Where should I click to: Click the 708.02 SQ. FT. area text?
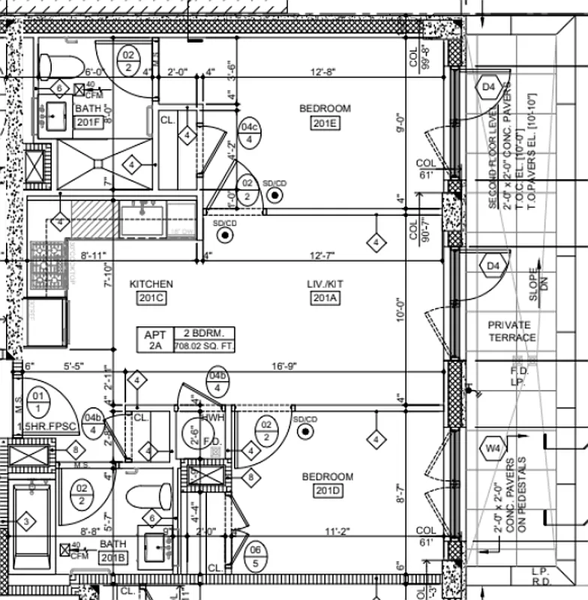pyautogui.click(x=204, y=346)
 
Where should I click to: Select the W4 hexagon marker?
pyautogui.click(x=492, y=448)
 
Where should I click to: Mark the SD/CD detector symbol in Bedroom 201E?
pyautogui.click(x=276, y=195)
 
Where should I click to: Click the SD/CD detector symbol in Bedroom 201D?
pyautogui.click(x=304, y=431)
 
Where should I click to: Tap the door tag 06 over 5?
pyautogui.click(x=256, y=556)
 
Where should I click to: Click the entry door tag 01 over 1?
pyautogui.click(x=36, y=400)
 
